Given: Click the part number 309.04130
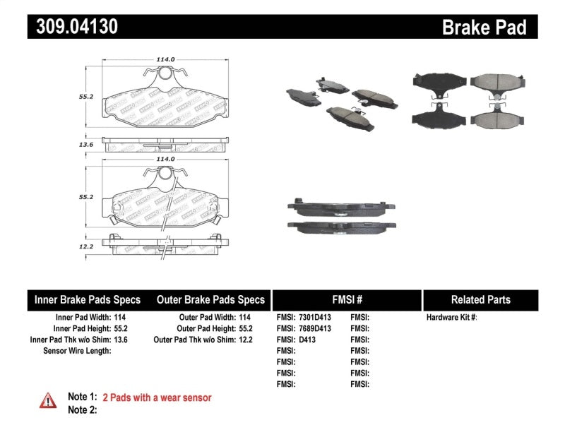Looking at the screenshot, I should click(x=73, y=27).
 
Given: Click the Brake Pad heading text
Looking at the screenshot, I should click(x=484, y=28).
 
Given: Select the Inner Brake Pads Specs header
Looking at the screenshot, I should click(x=88, y=299).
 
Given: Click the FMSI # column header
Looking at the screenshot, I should click(x=346, y=299).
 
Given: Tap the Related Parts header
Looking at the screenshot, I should click(x=480, y=299).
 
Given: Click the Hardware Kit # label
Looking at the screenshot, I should click(x=451, y=318).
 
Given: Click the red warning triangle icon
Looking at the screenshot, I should click(x=48, y=400).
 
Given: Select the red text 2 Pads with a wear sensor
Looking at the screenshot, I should click(x=157, y=397).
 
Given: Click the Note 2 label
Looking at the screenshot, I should click(x=81, y=409).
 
